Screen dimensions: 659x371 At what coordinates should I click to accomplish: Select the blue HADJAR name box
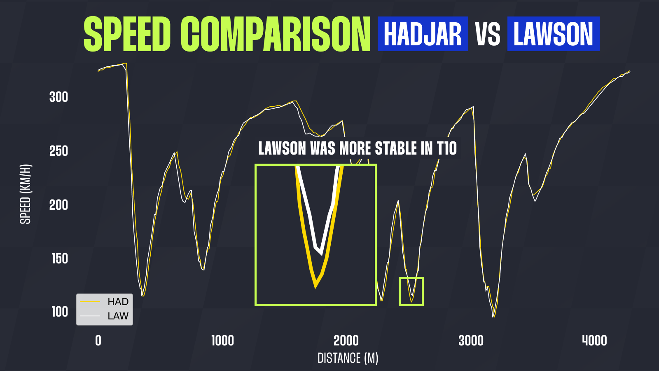423,34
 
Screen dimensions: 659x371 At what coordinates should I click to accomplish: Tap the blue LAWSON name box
554,34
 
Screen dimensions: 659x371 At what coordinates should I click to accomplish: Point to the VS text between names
488,34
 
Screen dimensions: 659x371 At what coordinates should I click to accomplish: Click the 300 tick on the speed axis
58,97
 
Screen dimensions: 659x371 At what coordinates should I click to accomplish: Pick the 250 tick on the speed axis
58,151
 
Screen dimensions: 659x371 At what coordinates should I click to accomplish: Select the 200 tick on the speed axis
58,205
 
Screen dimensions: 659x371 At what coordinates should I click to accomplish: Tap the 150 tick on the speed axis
60,258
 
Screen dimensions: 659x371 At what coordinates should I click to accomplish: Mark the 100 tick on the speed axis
60,312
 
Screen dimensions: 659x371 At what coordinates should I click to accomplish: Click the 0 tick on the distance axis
98,340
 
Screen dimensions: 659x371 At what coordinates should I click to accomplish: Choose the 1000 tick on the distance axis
223,340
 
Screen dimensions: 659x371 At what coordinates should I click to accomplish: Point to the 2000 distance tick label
346,340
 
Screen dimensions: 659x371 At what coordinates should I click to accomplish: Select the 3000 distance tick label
471,340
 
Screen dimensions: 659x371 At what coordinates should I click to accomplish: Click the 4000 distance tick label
595,340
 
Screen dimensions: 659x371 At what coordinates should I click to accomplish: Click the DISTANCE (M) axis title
348,358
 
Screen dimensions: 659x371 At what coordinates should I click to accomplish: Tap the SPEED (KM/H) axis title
25,194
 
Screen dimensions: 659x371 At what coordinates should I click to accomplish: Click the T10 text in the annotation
447,148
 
